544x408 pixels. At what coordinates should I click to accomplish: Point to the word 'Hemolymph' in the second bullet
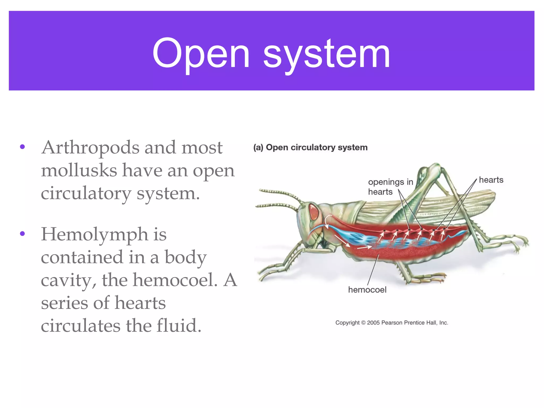tap(95, 235)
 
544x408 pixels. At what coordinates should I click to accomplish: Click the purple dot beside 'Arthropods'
tap(22, 147)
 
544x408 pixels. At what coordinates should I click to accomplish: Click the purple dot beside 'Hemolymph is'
tap(22, 234)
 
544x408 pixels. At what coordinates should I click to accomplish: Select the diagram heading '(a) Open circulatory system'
tap(310, 147)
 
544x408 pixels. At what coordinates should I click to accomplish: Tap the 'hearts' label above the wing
tap(491, 180)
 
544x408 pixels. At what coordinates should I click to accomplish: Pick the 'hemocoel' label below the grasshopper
tap(367, 290)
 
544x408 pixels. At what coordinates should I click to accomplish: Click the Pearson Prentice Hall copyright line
tap(392, 323)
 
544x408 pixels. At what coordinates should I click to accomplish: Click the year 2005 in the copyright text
tap(373, 323)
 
